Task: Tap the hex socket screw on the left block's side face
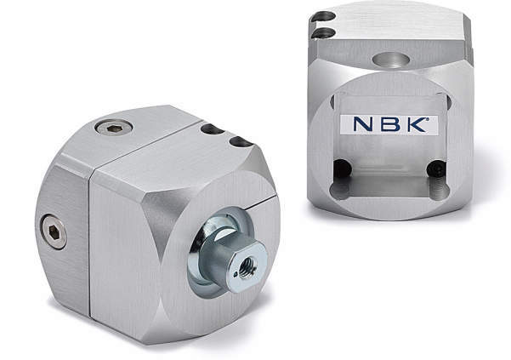(x=54, y=231)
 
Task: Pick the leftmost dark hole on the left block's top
(x=213, y=129)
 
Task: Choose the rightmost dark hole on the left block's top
(x=241, y=142)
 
